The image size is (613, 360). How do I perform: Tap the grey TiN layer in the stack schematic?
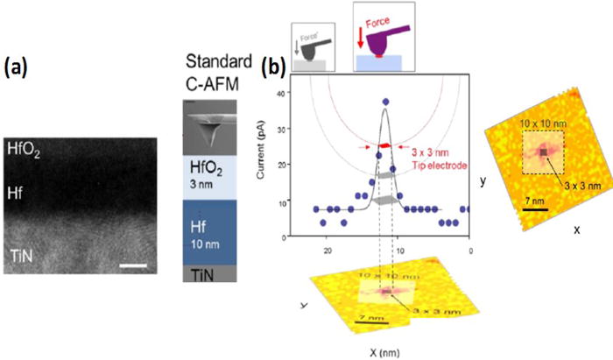214,274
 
